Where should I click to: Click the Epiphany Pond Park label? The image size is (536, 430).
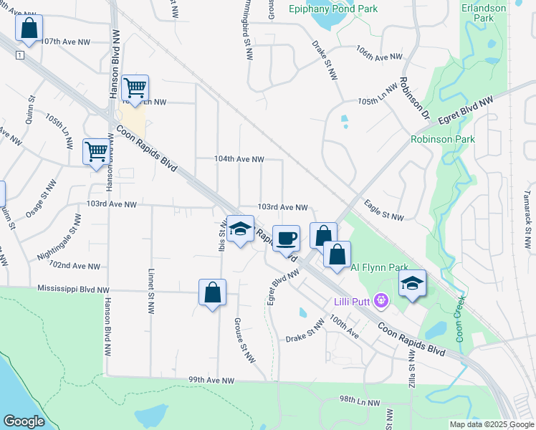[x=332, y=9]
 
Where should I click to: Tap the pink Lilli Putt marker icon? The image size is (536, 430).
[x=381, y=302]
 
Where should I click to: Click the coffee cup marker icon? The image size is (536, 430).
[x=286, y=239]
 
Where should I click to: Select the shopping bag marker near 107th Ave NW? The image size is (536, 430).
[x=29, y=29]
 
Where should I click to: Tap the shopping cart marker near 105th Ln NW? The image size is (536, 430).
[x=134, y=88]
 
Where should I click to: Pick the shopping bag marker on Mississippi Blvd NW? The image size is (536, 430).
[x=212, y=292]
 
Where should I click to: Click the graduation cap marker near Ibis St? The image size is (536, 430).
[x=240, y=229]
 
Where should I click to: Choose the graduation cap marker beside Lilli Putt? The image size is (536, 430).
[x=412, y=283]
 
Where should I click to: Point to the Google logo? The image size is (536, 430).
[x=24, y=421]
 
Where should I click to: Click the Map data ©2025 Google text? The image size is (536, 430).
[x=492, y=424]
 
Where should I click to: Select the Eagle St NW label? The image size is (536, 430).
[x=384, y=211]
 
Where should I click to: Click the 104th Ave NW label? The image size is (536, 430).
[x=240, y=159]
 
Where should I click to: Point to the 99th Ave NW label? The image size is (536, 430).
[x=211, y=380]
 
